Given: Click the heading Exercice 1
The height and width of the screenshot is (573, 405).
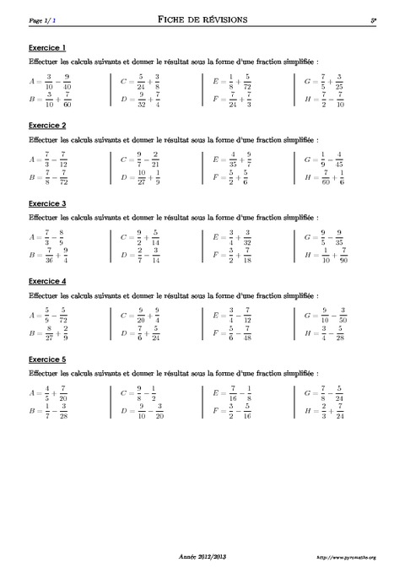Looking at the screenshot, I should (47, 47).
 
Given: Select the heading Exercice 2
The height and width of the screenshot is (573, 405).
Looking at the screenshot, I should (47, 125).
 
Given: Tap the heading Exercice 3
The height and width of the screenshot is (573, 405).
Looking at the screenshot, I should (47, 203).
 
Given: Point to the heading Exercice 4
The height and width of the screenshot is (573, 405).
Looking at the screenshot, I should (47, 280).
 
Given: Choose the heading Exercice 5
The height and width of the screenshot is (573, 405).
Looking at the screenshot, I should (47, 358).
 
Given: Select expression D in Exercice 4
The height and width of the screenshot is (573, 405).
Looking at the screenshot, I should (143, 332).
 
